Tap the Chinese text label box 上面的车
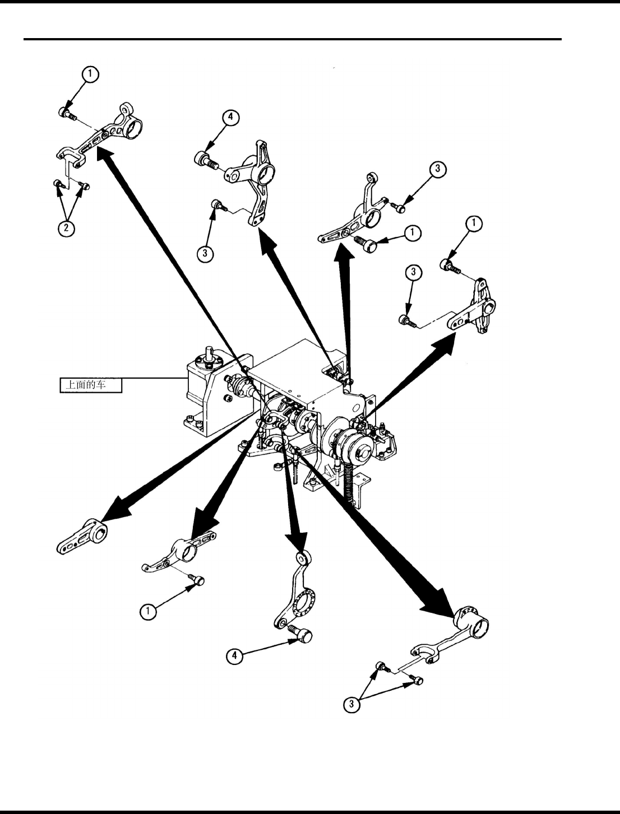click(x=91, y=385)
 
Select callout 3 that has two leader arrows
click(x=351, y=704)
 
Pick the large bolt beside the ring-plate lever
click(x=302, y=635)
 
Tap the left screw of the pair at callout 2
click(x=58, y=184)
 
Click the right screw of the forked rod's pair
click(x=417, y=680)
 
